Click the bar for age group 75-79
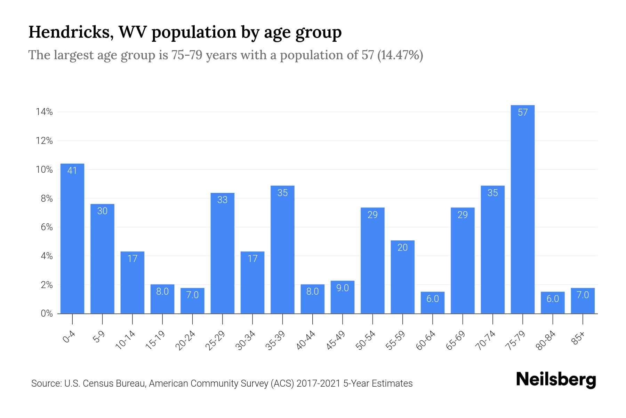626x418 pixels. (522, 209)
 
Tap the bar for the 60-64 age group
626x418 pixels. (432, 303)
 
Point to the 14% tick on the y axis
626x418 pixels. (44, 112)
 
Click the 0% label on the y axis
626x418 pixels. (47, 313)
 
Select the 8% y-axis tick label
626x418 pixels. (47, 199)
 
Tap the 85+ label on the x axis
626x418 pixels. (578, 338)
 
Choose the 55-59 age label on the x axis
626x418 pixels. (396, 340)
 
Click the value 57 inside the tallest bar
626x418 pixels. (522, 113)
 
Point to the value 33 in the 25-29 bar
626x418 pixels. (222, 200)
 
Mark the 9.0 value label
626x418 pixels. (342, 288)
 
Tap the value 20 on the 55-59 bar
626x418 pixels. (402, 248)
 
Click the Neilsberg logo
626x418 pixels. (556, 380)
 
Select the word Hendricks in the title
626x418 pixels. (71, 32)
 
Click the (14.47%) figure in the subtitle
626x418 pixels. (400, 55)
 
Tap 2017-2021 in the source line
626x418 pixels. (318, 384)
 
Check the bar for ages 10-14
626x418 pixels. (132, 282)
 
